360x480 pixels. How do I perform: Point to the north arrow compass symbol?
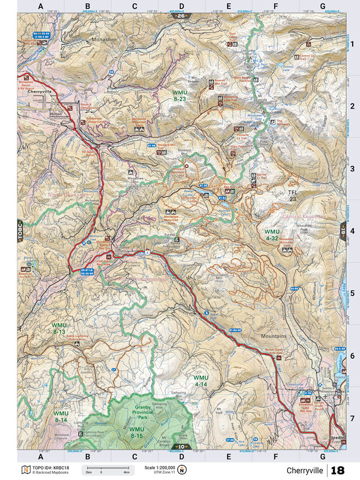point(182,469)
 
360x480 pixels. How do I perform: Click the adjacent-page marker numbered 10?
point(181,446)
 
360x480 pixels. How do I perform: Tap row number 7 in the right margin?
point(352,416)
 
